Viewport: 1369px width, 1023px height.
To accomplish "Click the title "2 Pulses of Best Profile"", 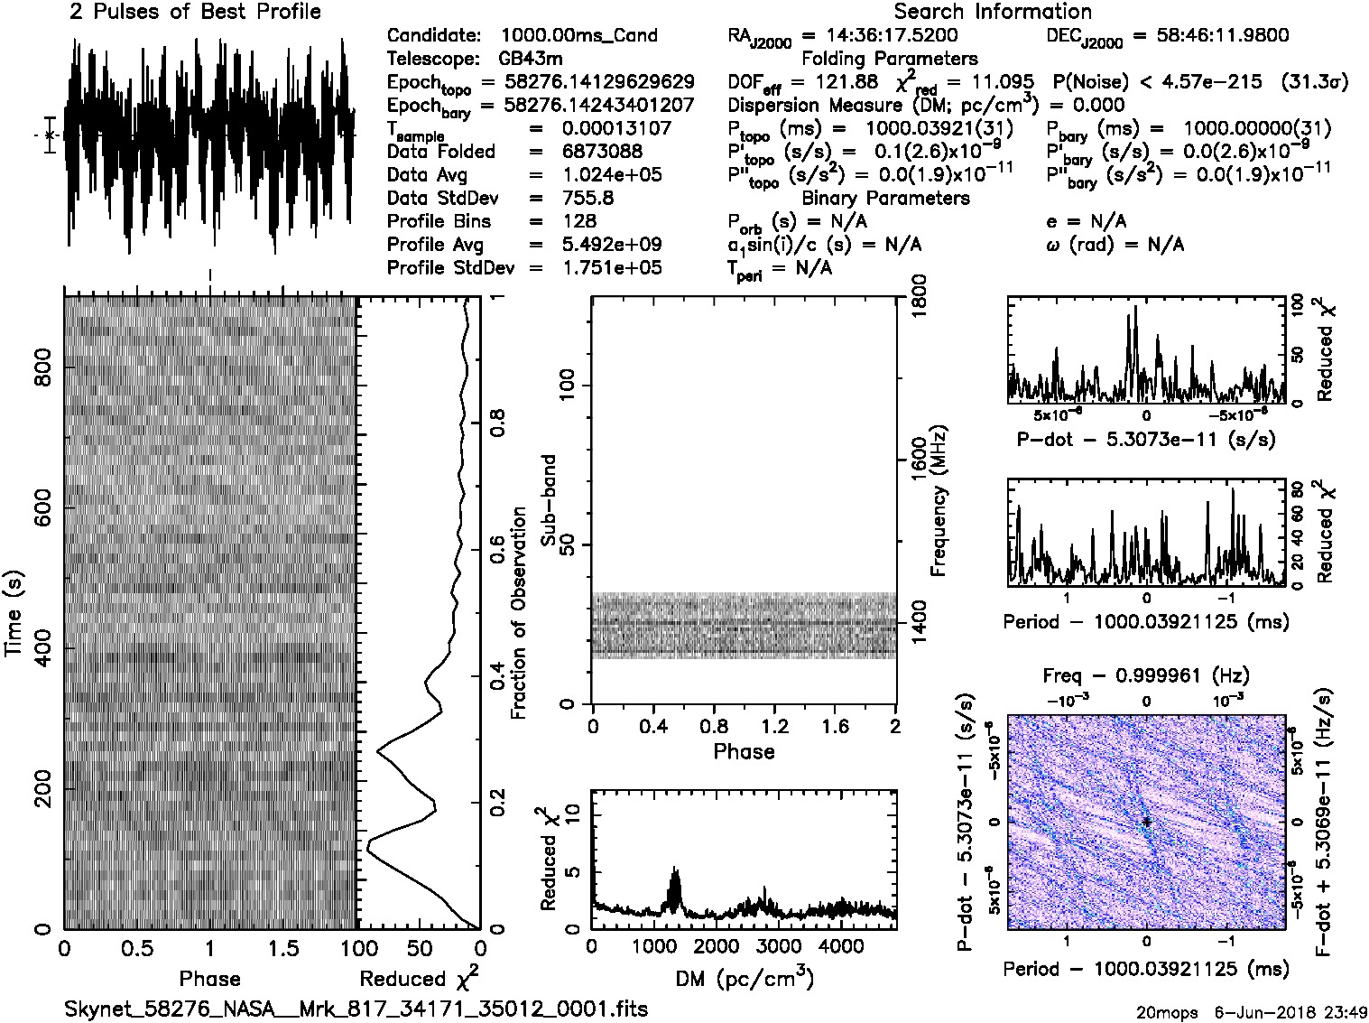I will [195, 12].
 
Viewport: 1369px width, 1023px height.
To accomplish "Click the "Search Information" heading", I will [992, 12].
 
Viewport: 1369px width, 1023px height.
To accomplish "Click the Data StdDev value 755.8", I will [587, 198].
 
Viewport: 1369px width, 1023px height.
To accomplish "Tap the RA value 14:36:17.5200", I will [880, 35].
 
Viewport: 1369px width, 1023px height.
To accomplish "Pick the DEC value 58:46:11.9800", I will [1210, 35].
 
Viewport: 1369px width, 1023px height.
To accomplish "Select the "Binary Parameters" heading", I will [885, 198].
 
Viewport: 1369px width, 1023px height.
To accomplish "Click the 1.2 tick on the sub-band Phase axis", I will [774, 727].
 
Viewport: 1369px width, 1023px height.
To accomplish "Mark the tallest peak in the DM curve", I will [675, 869].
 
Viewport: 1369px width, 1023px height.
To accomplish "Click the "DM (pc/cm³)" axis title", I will [744, 978].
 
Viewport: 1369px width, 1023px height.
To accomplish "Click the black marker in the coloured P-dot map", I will [1146, 822].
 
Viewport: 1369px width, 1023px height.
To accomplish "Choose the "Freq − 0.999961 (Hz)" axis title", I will [1146, 675].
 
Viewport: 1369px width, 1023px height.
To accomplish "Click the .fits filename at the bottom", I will [356, 1009].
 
